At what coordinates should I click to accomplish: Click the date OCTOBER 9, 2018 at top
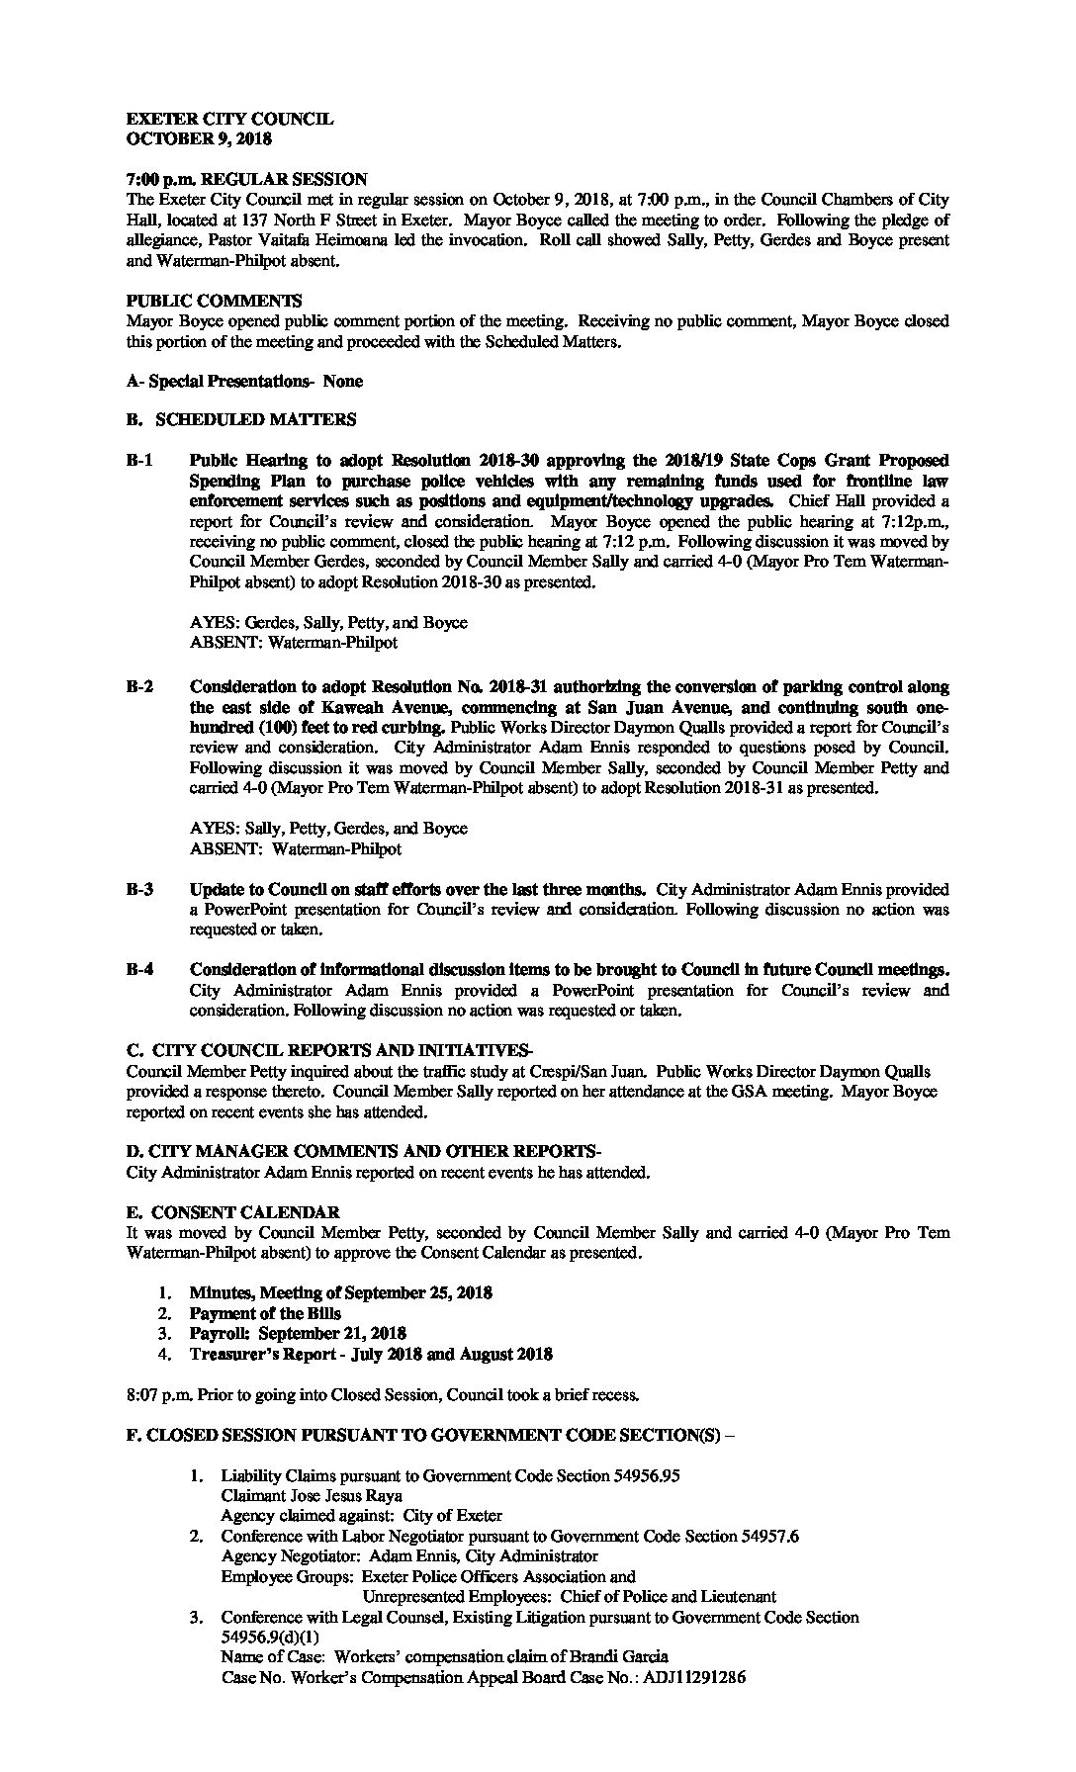[199, 139]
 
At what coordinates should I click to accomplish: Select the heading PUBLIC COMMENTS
[215, 301]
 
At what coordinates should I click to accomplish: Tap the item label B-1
[139, 461]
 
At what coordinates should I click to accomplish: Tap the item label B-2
[139, 687]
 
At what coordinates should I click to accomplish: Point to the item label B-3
[139, 889]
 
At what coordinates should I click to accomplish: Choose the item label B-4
[139, 970]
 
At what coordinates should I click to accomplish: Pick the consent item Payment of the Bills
[265, 1313]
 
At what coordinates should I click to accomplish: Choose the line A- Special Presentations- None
[244, 381]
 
